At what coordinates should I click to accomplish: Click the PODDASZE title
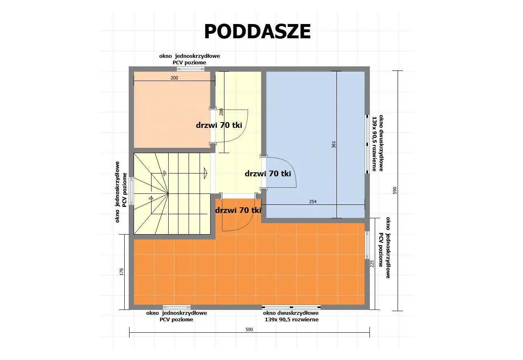pos(257,31)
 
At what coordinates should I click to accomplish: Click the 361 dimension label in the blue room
pos(334,145)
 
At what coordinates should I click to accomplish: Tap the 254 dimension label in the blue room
pos(313,202)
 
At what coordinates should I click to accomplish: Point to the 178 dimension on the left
pos(122,272)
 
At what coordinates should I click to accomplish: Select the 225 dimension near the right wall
pos(371,264)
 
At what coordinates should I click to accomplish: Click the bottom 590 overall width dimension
pos(249,329)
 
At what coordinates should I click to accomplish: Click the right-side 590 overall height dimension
pos(394,191)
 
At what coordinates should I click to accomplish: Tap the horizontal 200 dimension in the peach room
pos(174,78)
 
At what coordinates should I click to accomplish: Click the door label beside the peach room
pos(219,125)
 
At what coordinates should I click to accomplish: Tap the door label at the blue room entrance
pos(268,173)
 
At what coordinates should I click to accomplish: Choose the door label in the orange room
pos(238,211)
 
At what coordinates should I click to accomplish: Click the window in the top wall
pos(191,69)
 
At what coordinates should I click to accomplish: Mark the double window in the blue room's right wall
pos(367,143)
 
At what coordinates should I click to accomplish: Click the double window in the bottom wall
pos(291,307)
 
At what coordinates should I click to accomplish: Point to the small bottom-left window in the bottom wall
pos(176,307)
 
